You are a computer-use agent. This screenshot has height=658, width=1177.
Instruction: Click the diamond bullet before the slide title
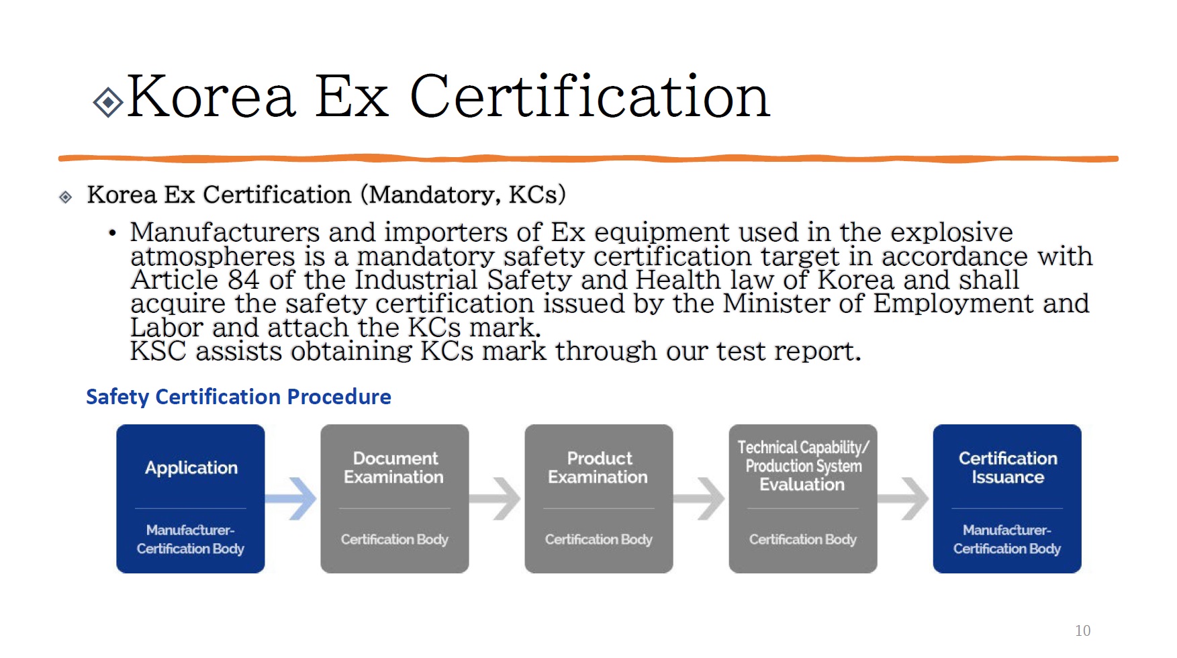pyautogui.click(x=108, y=103)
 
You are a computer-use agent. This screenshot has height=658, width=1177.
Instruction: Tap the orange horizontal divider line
pyautogui.click(x=588, y=159)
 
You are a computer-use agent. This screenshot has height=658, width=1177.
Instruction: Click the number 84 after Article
pyautogui.click(x=244, y=280)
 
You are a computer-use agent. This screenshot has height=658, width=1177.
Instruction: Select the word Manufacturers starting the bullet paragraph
pyautogui.click(x=225, y=232)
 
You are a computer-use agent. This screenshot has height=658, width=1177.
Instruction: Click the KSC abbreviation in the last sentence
pyautogui.click(x=157, y=351)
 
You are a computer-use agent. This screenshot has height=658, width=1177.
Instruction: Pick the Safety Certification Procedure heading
pyautogui.click(x=238, y=397)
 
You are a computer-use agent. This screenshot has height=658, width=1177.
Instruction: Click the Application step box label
pyautogui.click(x=191, y=468)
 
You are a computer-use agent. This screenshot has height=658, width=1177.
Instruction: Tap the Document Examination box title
pyautogui.click(x=394, y=468)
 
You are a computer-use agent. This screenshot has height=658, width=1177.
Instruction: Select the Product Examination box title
pyautogui.click(x=598, y=468)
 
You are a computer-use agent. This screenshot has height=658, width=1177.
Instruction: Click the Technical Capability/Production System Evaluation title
pyautogui.click(x=803, y=466)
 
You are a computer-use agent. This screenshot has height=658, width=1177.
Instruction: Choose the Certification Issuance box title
pyautogui.click(x=1007, y=468)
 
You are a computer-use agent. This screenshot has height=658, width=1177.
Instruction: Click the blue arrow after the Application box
pyautogui.click(x=291, y=499)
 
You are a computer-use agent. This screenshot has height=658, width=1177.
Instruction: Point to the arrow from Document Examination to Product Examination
pyautogui.click(x=496, y=499)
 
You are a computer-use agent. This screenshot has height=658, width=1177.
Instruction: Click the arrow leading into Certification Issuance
pyautogui.click(x=904, y=499)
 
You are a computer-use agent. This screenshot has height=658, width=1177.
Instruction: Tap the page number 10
pyautogui.click(x=1082, y=630)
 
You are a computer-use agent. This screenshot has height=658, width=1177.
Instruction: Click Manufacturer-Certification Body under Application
pyautogui.click(x=191, y=539)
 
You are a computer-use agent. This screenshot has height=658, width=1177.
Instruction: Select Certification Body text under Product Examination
pyautogui.click(x=598, y=539)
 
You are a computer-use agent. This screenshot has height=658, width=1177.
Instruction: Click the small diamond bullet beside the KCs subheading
pyautogui.click(x=66, y=197)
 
